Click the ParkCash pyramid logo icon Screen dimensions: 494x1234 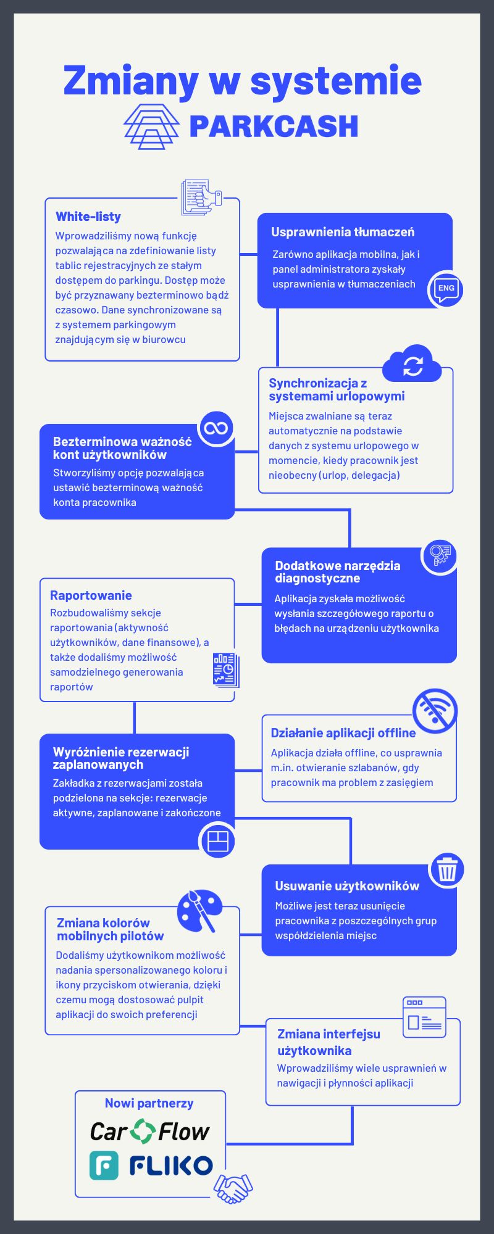tap(151, 126)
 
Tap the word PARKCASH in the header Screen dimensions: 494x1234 tap(274, 126)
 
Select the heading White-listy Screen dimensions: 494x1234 tap(88, 217)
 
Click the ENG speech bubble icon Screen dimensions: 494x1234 tap(446, 289)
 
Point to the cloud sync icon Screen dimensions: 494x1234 tap(412, 364)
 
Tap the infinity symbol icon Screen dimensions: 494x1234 tap(216, 428)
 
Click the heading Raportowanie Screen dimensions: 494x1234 tap(91, 595)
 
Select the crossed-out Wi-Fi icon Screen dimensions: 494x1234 tap(435, 710)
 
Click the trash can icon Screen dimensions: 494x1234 tap(446, 870)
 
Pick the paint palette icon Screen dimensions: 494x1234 tap(199, 911)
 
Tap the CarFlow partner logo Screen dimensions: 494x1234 tap(149, 1132)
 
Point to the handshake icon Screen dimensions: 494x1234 tap(233, 1188)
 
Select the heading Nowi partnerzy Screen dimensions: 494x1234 tap(149, 1103)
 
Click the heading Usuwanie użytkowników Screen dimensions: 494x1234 tap(347, 886)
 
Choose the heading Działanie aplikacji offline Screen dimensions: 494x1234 tap(343, 733)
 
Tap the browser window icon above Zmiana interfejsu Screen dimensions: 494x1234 tap(424, 1017)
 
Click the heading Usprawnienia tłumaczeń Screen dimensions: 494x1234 tap(343, 232)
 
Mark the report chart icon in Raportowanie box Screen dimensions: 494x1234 tap(225, 670)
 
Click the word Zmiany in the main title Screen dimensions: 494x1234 tap(131, 81)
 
